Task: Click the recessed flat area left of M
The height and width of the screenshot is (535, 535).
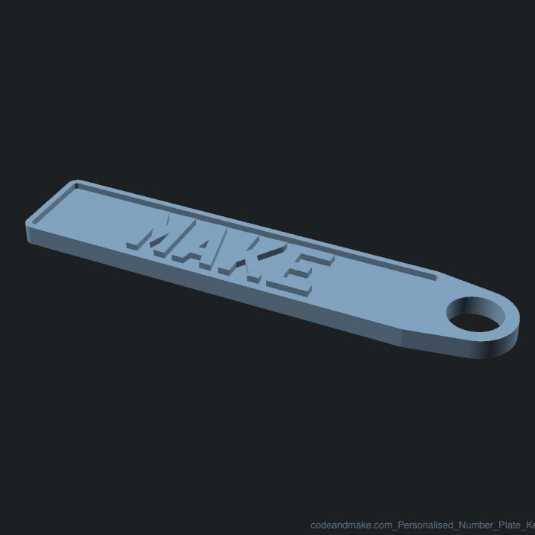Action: pyautogui.click(x=89, y=215)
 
